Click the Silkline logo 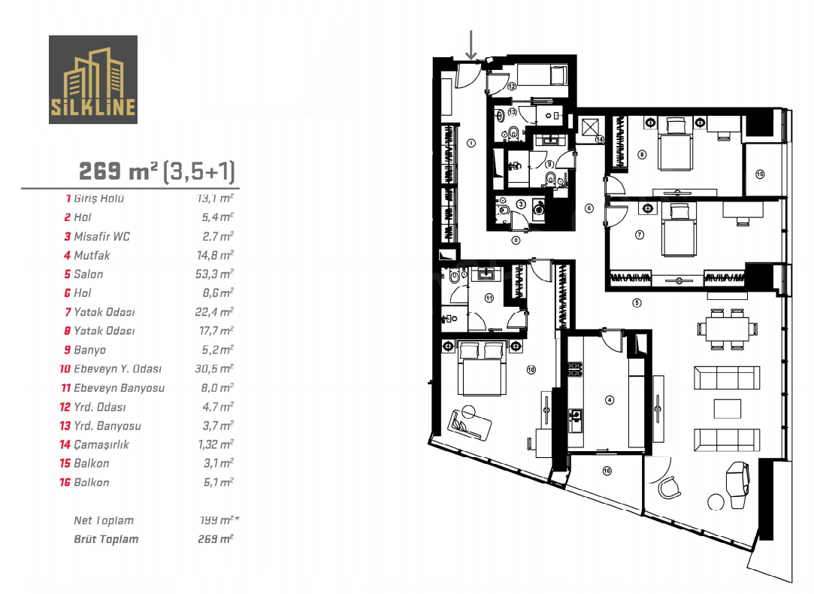[x=93, y=80]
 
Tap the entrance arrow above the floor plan [x=471, y=44]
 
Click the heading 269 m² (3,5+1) [x=157, y=171]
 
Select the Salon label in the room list [x=88, y=274]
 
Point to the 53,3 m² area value [x=214, y=274]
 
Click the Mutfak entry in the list [x=92, y=255]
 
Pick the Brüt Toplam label [x=106, y=539]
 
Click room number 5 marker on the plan [x=637, y=303]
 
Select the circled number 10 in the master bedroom [x=531, y=370]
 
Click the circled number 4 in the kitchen [x=610, y=400]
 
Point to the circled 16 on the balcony [x=607, y=471]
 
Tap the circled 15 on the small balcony [x=760, y=174]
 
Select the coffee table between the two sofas [x=727, y=408]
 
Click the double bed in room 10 [x=481, y=368]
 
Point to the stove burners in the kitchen [x=575, y=369]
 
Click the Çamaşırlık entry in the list [x=101, y=444]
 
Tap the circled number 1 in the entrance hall [x=471, y=143]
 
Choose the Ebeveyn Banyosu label [x=119, y=388]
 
